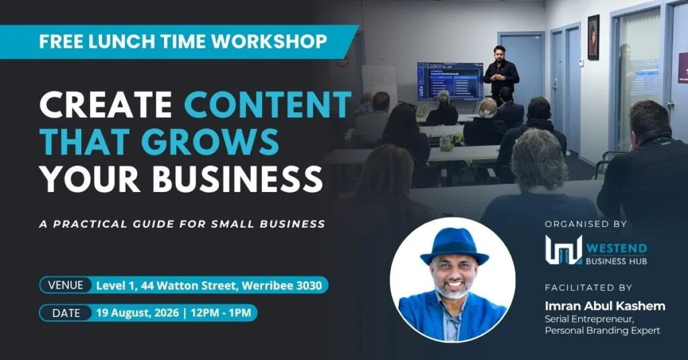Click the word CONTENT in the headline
tap(267, 105)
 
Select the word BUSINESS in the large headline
tap(237, 179)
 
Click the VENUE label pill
tap(65, 285)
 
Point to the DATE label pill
tap(66, 313)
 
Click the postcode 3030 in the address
tap(309, 285)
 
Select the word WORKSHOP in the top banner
tap(269, 41)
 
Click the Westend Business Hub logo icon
tap(564, 250)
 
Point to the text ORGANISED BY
tap(585, 224)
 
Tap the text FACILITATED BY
tap(589, 287)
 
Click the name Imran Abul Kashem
tap(605, 306)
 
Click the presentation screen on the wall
tap(449, 81)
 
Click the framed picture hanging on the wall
tap(593, 37)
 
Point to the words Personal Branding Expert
tap(603, 330)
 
